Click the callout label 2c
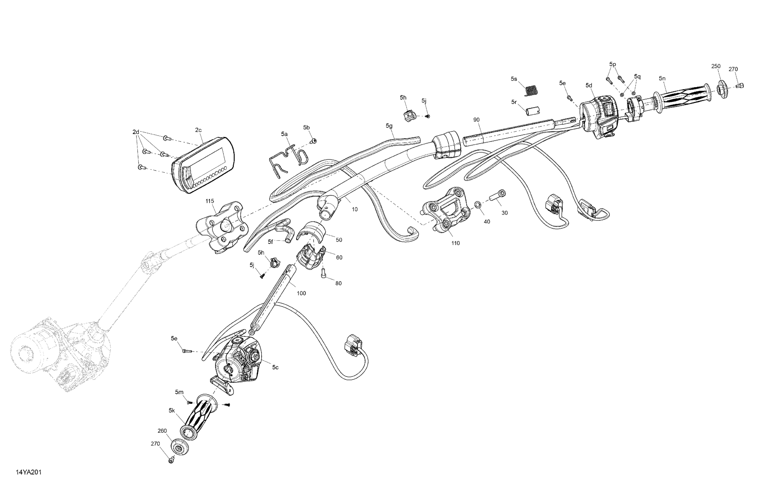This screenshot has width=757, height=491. [x=198, y=130]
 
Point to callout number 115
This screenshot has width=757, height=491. [x=210, y=201]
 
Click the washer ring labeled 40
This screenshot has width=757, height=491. [x=478, y=204]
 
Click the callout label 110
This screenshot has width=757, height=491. [x=456, y=243]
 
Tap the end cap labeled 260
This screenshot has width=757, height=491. [x=180, y=447]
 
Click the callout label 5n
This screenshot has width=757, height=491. [x=662, y=78]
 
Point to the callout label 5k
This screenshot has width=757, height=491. [x=172, y=410]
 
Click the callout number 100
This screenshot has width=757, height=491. [x=301, y=293]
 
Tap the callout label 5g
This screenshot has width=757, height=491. [x=389, y=126]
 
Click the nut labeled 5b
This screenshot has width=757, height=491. [x=314, y=141]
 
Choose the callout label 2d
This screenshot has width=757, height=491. [x=136, y=132]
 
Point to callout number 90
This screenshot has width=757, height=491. [x=476, y=120]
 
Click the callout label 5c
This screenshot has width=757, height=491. [x=275, y=367]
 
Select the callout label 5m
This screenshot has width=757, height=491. [x=179, y=392]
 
